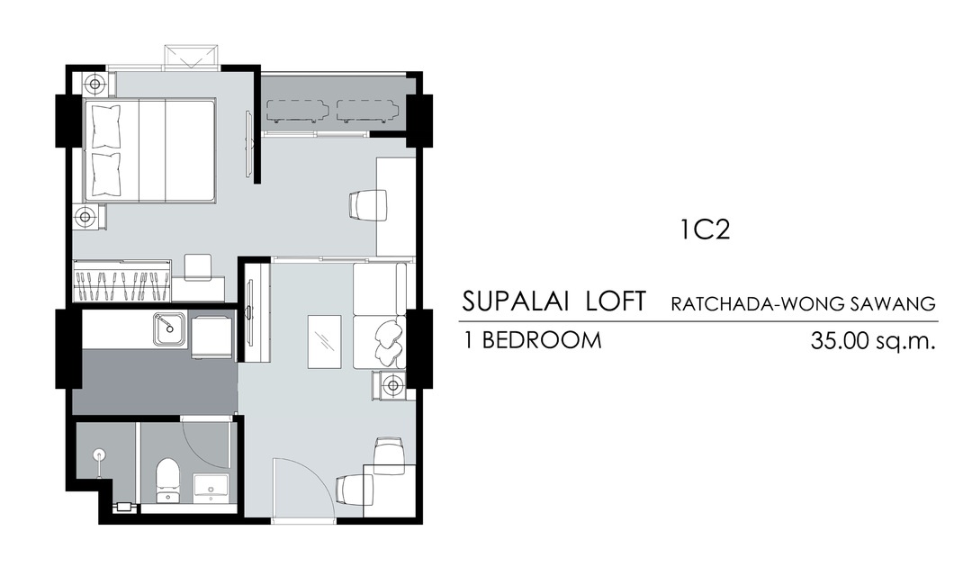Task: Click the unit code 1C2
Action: (x=705, y=230)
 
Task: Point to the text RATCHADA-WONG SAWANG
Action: (x=803, y=304)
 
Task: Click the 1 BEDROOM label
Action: (x=533, y=340)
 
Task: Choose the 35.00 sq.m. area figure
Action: (x=872, y=340)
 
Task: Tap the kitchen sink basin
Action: (x=169, y=328)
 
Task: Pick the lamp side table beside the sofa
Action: (x=391, y=385)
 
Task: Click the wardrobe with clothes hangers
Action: (x=122, y=281)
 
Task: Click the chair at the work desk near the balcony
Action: (x=367, y=204)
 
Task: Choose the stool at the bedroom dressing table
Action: (x=198, y=266)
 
